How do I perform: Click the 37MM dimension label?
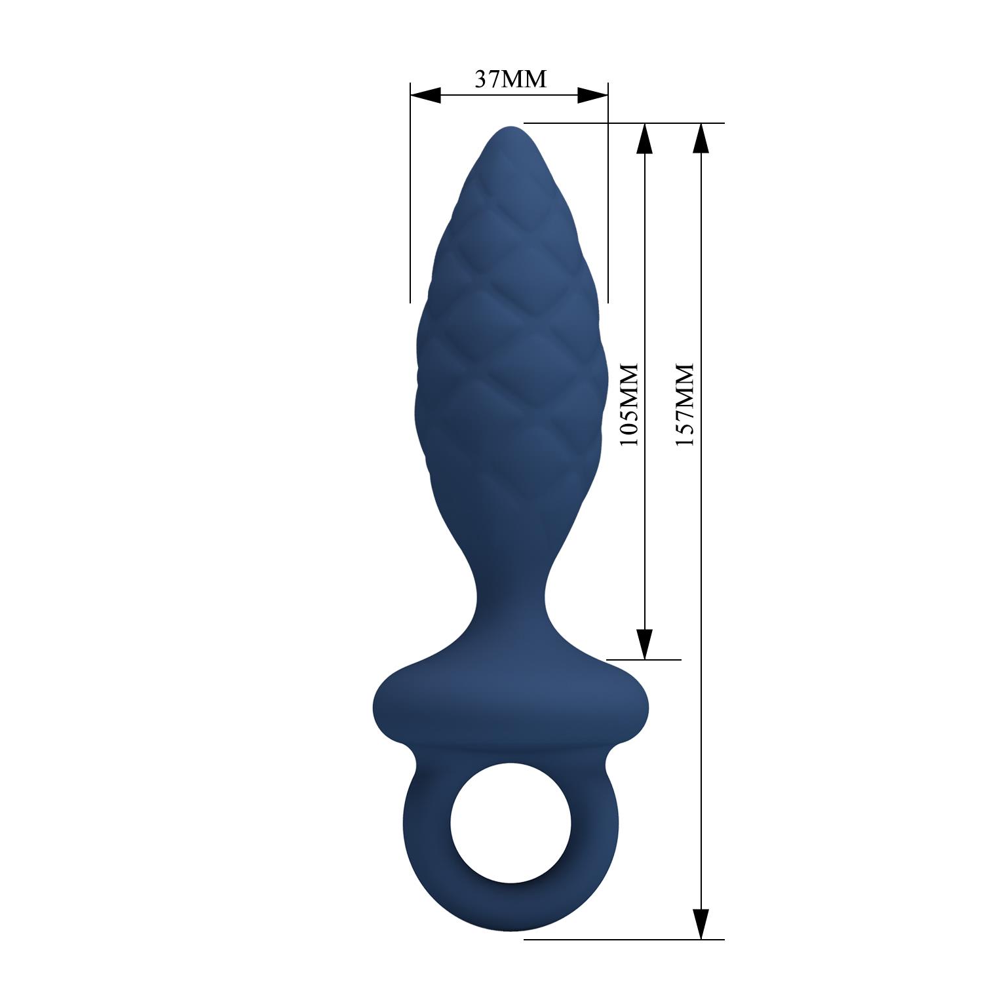(510, 79)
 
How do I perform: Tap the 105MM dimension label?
(629, 405)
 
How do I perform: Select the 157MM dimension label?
(685, 405)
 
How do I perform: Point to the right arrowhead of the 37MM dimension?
(593, 96)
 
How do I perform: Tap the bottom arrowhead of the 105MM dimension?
(645, 644)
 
